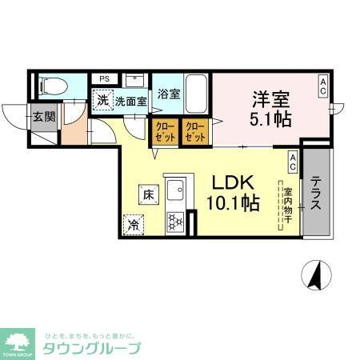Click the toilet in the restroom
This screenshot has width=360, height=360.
[x=50, y=83]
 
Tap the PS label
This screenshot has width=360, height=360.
[x=104, y=78]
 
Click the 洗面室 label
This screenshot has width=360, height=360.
[x=130, y=102]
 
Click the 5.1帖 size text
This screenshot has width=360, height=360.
[x=270, y=119]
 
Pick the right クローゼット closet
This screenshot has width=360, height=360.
[x=194, y=132]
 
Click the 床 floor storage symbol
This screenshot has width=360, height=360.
[x=149, y=193]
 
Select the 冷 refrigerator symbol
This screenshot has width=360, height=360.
[x=132, y=225]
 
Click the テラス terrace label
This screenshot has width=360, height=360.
[x=317, y=193]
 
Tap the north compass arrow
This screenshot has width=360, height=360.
[x=316, y=274]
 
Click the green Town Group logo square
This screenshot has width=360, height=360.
[x=18, y=342]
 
